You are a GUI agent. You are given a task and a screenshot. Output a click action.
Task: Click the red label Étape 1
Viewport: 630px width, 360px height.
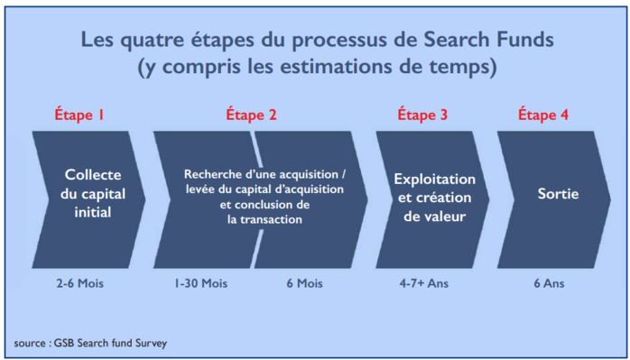(81, 115)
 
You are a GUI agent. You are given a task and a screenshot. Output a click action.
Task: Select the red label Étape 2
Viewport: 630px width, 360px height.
(251, 115)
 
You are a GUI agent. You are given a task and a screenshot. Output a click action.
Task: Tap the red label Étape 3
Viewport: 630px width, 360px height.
(422, 115)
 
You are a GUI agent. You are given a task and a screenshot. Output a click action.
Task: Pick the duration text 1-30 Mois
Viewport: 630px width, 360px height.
(201, 284)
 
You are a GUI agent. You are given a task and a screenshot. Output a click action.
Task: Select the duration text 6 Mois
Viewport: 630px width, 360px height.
(304, 284)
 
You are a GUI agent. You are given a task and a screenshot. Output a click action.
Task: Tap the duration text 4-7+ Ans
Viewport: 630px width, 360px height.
(423, 284)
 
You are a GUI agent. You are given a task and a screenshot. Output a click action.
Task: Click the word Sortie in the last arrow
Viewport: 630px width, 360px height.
(558, 194)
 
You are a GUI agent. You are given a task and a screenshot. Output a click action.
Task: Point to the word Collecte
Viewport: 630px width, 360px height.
(92, 173)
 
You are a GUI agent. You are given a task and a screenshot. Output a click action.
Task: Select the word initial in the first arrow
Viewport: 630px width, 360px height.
(92, 214)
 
